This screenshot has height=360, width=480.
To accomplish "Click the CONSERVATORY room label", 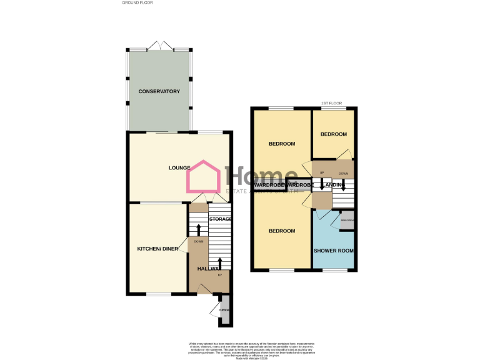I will click(159, 92).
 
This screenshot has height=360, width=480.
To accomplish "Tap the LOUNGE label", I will click(179, 167).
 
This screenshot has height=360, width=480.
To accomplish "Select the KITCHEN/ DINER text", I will click(158, 249).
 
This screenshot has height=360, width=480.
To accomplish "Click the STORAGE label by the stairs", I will click(220, 219).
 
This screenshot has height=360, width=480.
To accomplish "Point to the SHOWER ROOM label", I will click(333, 251).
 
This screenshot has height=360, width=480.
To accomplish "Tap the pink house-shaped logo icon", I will click(203, 177).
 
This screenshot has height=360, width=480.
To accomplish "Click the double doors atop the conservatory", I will click(160, 47).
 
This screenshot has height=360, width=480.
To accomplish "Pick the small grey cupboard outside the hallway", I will click(224, 310).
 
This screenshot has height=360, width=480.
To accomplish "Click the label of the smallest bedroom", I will click(333, 134).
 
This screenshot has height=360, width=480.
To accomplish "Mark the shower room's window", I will click(334, 271).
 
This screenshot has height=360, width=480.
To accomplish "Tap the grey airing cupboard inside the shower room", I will click(347, 220).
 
